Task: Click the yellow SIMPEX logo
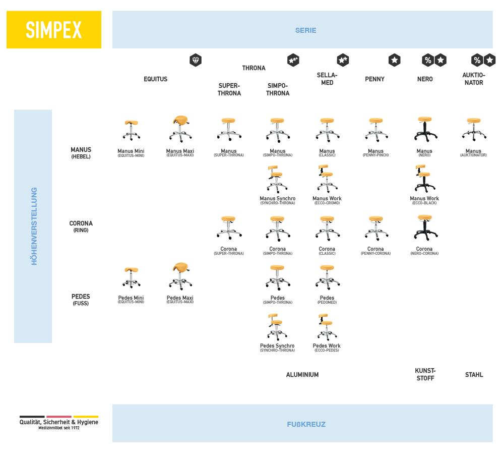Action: click(x=54, y=30)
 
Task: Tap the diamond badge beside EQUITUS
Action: click(x=196, y=60)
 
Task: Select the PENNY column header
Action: click(x=374, y=79)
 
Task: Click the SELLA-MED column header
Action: click(x=327, y=79)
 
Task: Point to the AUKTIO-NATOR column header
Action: click(x=474, y=79)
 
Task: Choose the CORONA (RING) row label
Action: click(x=81, y=227)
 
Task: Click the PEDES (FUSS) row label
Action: click(x=81, y=300)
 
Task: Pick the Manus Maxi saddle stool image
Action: click(x=180, y=129)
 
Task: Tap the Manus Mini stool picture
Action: click(x=131, y=130)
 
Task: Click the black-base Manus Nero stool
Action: click(x=425, y=129)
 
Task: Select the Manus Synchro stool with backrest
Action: click(x=277, y=179)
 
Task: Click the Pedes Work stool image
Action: click(x=327, y=327)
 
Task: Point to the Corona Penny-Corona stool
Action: click(x=376, y=229)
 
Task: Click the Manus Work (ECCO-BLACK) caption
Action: click(x=424, y=200)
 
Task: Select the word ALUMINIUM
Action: click(x=302, y=375)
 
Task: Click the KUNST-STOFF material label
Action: click(x=425, y=374)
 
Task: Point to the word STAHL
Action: click(x=474, y=375)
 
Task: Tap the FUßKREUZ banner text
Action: click(x=306, y=424)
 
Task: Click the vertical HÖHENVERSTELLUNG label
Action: click(x=34, y=227)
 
